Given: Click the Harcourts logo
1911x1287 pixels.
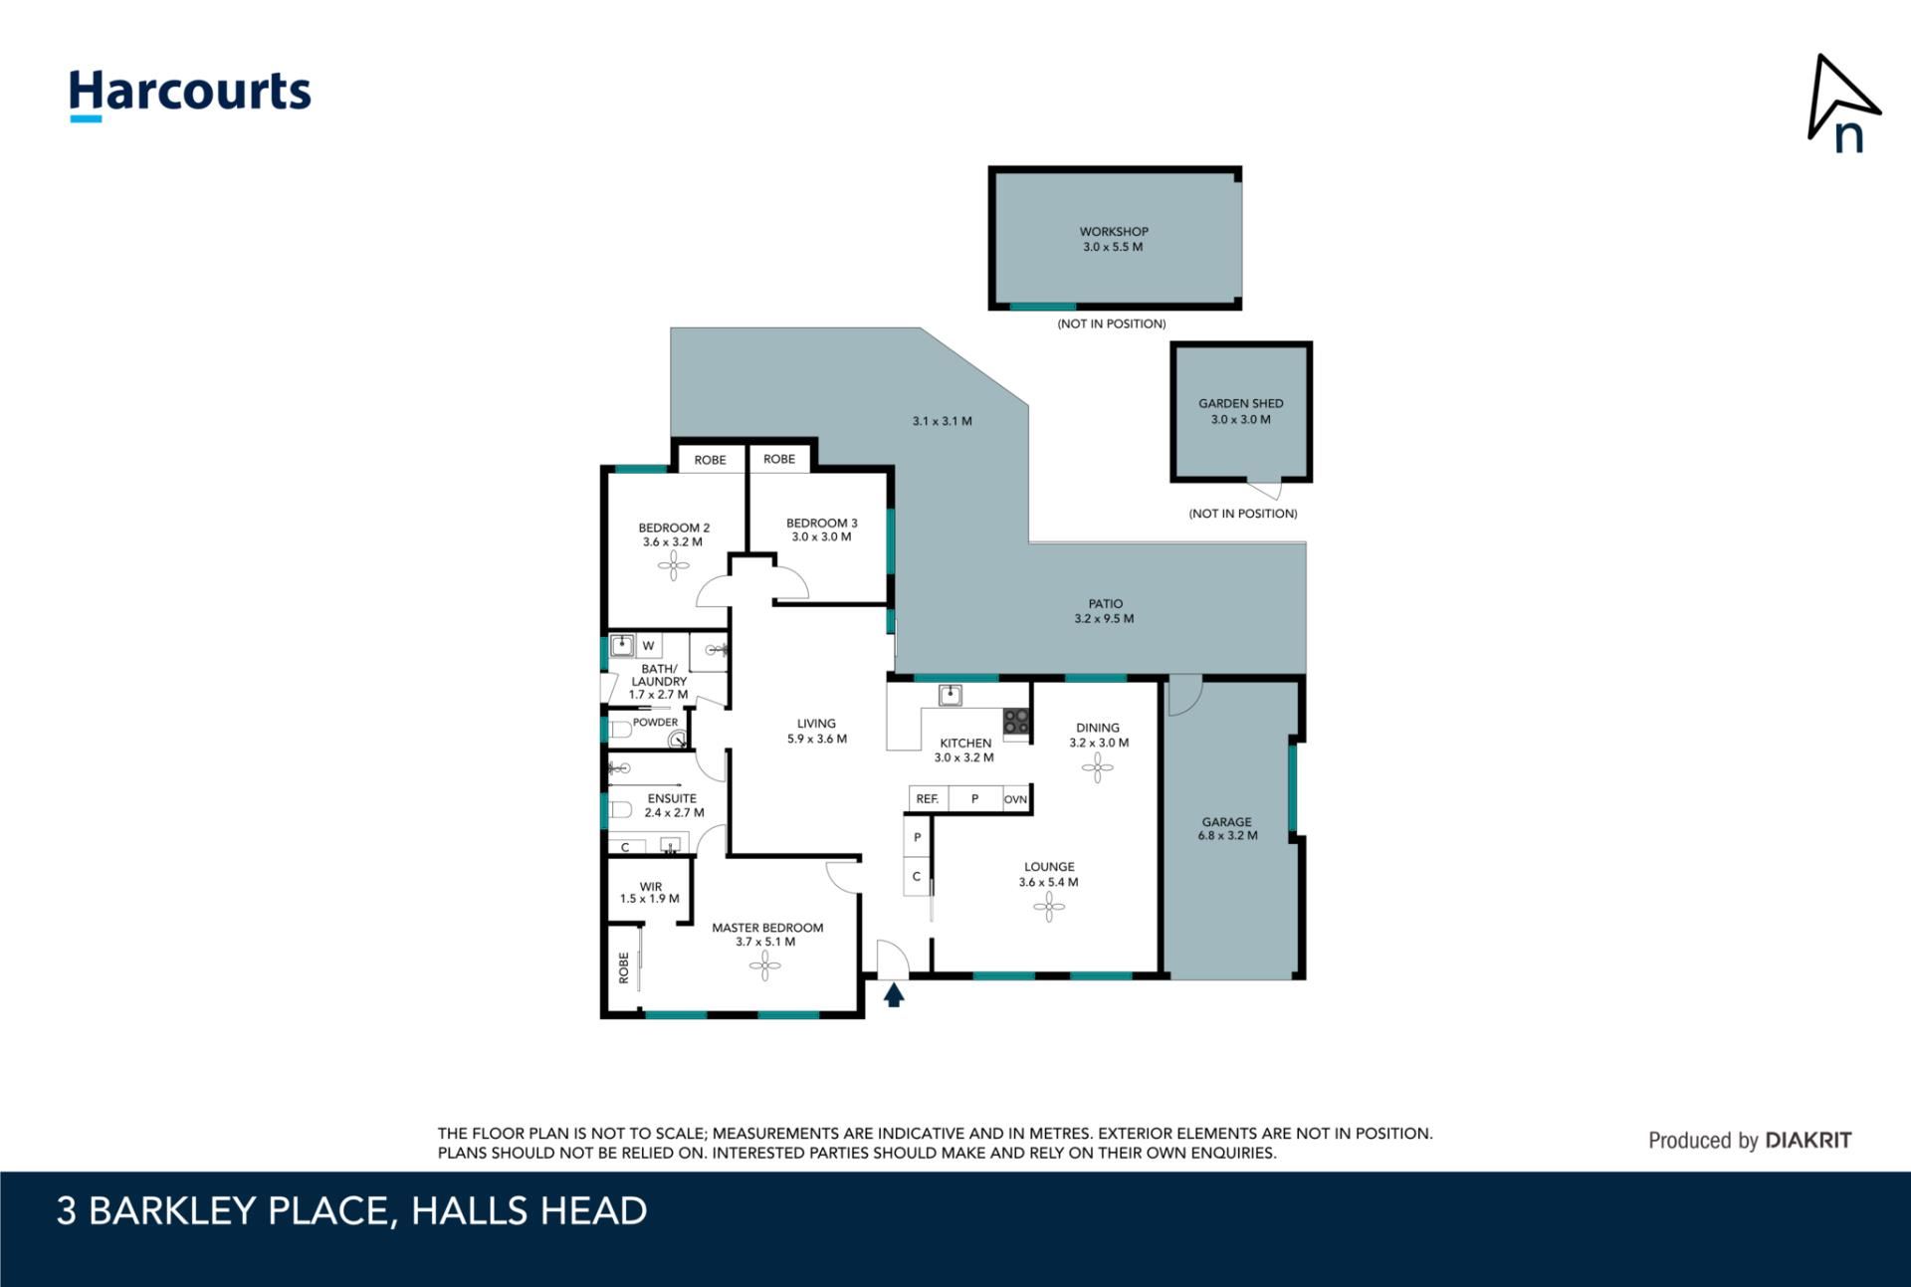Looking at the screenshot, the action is pos(190,95).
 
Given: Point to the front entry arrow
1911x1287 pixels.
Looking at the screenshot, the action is pos(894,994).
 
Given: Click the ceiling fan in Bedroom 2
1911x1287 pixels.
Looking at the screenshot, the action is pos(673,566).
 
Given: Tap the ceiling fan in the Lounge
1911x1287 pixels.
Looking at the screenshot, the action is pos(1049,907).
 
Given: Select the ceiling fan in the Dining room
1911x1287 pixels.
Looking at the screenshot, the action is pos(1098,767).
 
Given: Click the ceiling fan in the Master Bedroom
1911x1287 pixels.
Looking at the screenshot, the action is pos(764,965).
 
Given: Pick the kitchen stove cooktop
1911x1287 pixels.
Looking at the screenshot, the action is pos(1016,722).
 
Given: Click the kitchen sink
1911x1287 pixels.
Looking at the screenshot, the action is pos(951,694).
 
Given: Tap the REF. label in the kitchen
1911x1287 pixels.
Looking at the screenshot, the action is pos(927,799).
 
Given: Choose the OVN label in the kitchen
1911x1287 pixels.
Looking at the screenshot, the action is pos(1015,799).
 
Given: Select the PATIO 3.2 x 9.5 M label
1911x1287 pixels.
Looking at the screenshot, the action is pos(1105,611).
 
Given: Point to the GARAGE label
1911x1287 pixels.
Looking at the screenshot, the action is pos(1227,822).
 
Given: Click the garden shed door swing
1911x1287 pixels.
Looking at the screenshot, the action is pos(1265,490).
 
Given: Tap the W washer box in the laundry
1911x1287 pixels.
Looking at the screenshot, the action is pos(649,646).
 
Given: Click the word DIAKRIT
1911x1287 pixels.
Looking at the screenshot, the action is pos(1807,1141).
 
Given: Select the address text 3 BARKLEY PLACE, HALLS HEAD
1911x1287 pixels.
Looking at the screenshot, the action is pos(352,1211).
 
